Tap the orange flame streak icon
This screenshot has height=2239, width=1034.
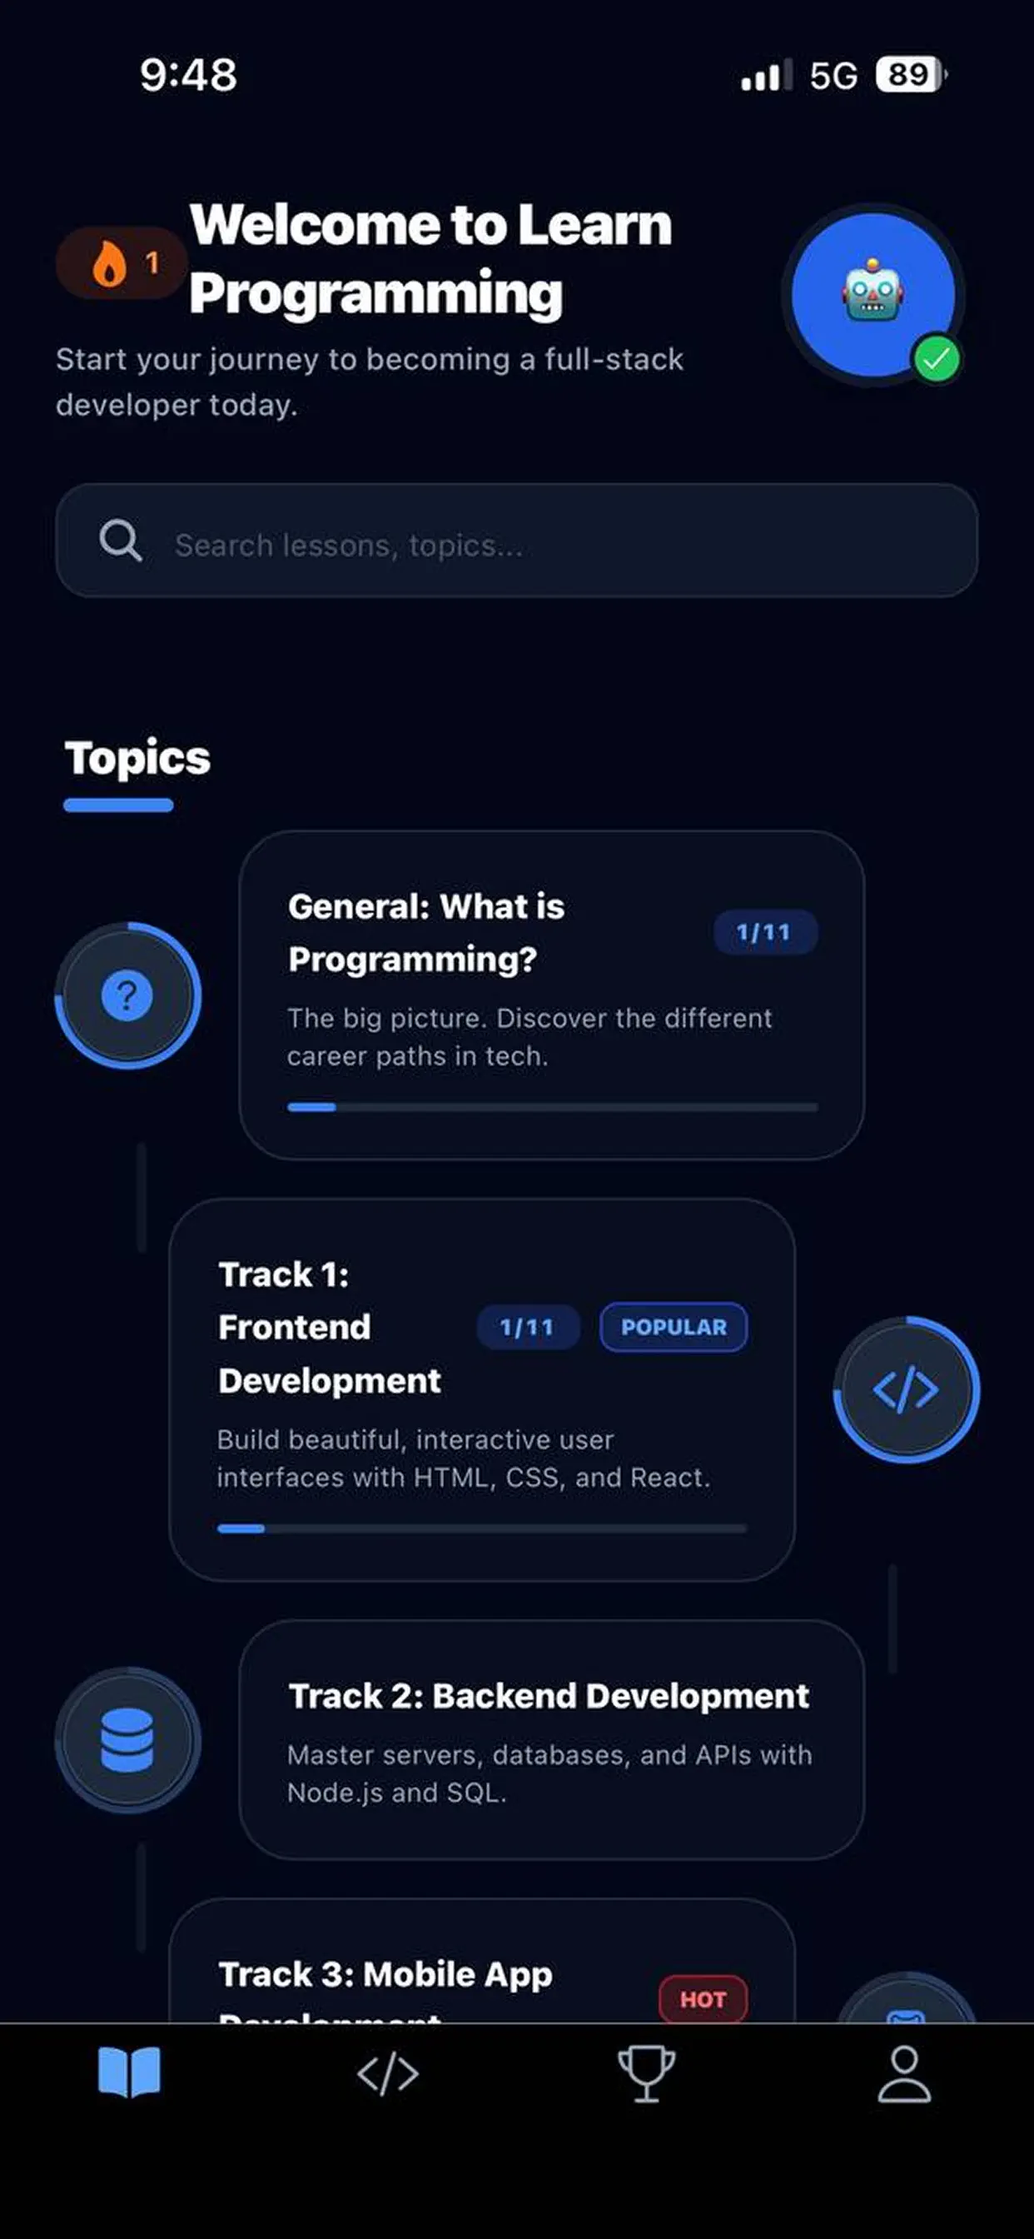coord(110,263)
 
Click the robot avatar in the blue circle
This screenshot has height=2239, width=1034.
coord(872,294)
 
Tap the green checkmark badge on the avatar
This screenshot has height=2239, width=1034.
coord(936,359)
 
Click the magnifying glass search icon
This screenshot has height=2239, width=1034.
coord(120,541)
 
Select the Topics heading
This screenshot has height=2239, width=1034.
coord(137,758)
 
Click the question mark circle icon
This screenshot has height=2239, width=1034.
coord(127,995)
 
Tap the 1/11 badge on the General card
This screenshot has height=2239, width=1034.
coord(763,933)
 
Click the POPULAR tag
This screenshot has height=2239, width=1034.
coord(674,1327)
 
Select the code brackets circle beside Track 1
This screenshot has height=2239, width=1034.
coord(906,1389)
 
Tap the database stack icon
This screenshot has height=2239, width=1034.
coord(127,1740)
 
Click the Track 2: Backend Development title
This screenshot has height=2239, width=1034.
coord(549,1696)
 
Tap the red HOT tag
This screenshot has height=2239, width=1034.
coord(703,1999)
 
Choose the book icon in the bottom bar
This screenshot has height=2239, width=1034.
coord(128,2072)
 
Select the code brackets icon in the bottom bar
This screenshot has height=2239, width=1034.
coord(387,2074)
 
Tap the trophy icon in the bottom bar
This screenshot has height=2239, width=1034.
coord(645,2074)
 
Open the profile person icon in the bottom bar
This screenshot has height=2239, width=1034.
coord(903,2074)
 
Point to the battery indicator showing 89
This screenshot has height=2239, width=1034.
coord(909,75)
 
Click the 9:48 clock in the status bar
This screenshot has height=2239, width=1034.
coord(188,75)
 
